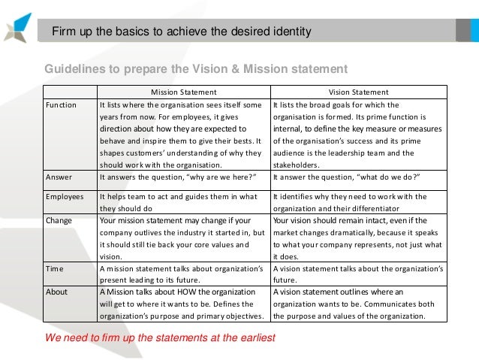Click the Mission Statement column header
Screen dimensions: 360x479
183,92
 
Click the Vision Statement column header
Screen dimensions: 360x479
359,92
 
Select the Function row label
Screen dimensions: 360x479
61,105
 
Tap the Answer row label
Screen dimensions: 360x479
59,177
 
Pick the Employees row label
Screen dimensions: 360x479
65,197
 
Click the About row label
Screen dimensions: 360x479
57,292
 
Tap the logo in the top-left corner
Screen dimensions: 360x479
17,26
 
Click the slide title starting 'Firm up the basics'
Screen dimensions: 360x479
180,32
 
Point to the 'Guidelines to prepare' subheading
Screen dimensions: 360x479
196,69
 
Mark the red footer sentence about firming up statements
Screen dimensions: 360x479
160,337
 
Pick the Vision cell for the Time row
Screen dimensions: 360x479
358,276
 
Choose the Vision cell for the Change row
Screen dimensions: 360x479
358,239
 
